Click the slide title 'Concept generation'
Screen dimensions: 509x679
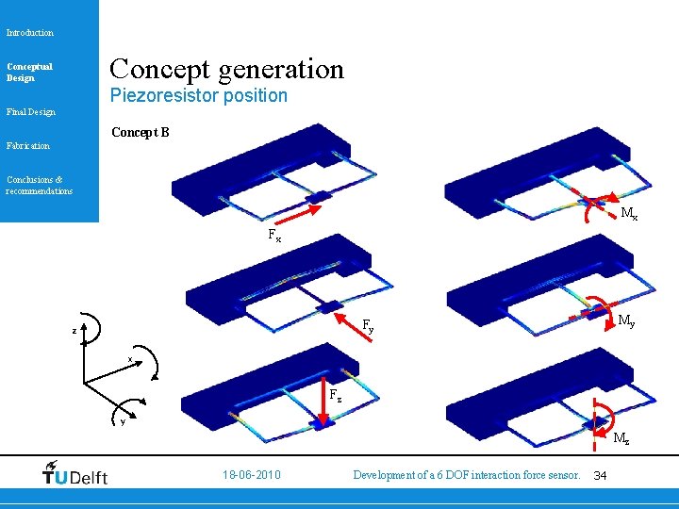(227, 69)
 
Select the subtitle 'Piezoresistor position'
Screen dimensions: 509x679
(198, 95)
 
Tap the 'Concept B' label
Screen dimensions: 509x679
(141, 132)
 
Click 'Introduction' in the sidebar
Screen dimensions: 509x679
(30, 33)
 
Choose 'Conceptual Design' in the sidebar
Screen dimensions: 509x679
(29, 72)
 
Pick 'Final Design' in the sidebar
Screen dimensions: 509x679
(31, 112)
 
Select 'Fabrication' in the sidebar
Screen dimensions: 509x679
(28, 146)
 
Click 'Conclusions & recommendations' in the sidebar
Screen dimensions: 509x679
(39, 185)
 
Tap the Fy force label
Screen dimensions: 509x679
(369, 326)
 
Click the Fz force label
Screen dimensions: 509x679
(335, 395)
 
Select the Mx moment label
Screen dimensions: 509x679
(628, 215)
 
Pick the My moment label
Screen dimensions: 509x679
(625, 321)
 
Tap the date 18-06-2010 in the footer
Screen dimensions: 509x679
(250, 475)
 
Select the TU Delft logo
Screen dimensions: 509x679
(75, 473)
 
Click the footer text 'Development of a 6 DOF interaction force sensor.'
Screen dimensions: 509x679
(466, 475)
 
